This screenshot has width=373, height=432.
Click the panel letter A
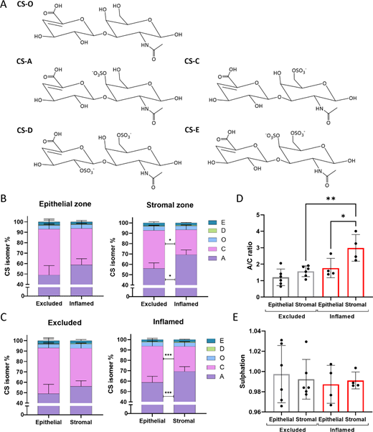pyautogui.click(x=6, y=5)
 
